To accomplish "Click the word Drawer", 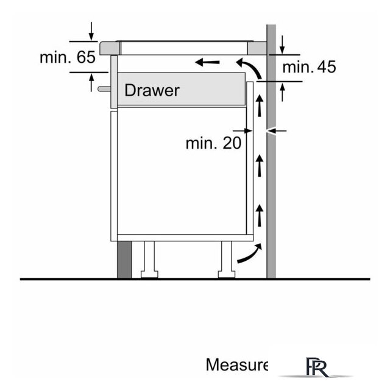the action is [x=152, y=90].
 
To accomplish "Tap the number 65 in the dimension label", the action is [x=86, y=57].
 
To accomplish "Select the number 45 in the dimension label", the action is [x=327, y=66].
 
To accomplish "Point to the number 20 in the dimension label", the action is [x=232, y=143].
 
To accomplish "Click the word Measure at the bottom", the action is [x=237, y=364].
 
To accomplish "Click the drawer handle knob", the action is [x=104, y=89].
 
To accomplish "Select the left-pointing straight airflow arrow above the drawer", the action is [x=207, y=62].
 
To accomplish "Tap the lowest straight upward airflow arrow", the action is [x=260, y=215].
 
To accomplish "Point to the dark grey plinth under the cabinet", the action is [x=124, y=260].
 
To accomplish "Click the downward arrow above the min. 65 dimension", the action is [x=91, y=31].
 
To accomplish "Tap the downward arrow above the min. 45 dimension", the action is [x=282, y=44].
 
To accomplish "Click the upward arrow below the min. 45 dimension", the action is [x=282, y=92].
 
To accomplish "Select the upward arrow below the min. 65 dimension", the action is [x=91, y=83].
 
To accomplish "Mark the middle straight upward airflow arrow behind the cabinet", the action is [x=260, y=165].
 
